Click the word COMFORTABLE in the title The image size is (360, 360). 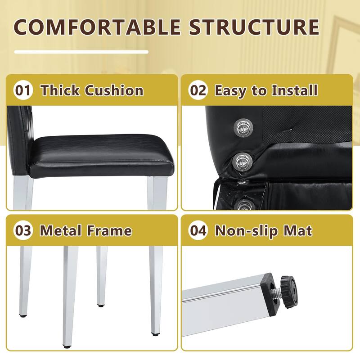point(97,27)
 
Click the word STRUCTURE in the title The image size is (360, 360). point(254,27)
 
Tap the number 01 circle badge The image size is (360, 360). point(23,90)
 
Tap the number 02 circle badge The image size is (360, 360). point(198,90)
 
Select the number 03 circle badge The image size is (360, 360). point(23,230)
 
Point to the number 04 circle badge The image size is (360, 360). point(198,230)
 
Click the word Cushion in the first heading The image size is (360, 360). point(114,90)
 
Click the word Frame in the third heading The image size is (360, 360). point(109,230)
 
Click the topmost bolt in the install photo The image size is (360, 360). point(243,128)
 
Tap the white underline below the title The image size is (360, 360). point(81,52)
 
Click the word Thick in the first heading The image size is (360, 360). point(60,90)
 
